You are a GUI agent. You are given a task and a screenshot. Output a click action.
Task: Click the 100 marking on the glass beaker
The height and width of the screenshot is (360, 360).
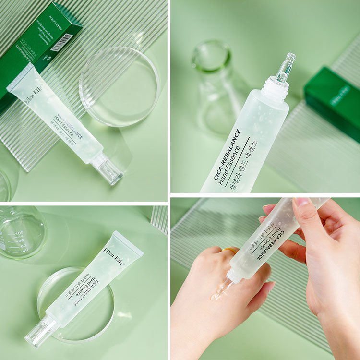19,233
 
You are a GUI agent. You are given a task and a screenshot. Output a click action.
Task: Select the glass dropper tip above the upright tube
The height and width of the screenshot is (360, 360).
286,67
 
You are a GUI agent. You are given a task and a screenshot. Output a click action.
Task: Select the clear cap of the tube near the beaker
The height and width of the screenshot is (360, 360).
41,331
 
